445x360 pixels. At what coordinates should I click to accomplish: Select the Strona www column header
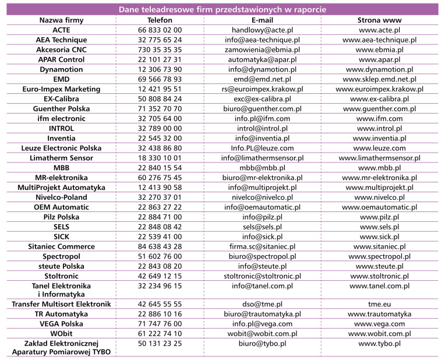(379, 20)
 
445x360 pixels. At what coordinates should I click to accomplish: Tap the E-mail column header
(262, 20)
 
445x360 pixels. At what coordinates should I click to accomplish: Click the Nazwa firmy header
(61, 20)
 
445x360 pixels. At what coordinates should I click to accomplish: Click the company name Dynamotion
(61, 69)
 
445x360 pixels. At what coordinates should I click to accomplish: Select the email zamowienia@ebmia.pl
(262, 49)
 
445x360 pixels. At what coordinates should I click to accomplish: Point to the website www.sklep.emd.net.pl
(379, 79)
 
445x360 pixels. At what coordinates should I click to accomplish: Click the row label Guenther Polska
(61, 108)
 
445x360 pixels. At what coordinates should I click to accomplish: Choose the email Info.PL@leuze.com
(262, 148)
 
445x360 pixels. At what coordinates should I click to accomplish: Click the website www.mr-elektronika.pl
(379, 178)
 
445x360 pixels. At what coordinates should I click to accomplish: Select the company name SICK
(61, 237)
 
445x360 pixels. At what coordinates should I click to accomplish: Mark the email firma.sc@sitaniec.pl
(262, 246)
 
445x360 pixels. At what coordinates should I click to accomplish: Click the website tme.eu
(379, 304)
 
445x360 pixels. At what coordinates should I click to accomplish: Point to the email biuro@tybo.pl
(262, 344)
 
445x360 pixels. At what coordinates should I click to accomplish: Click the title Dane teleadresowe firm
(222, 9)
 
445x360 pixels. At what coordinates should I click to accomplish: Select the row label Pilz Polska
(61, 217)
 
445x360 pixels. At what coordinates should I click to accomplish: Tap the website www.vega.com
(379, 324)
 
